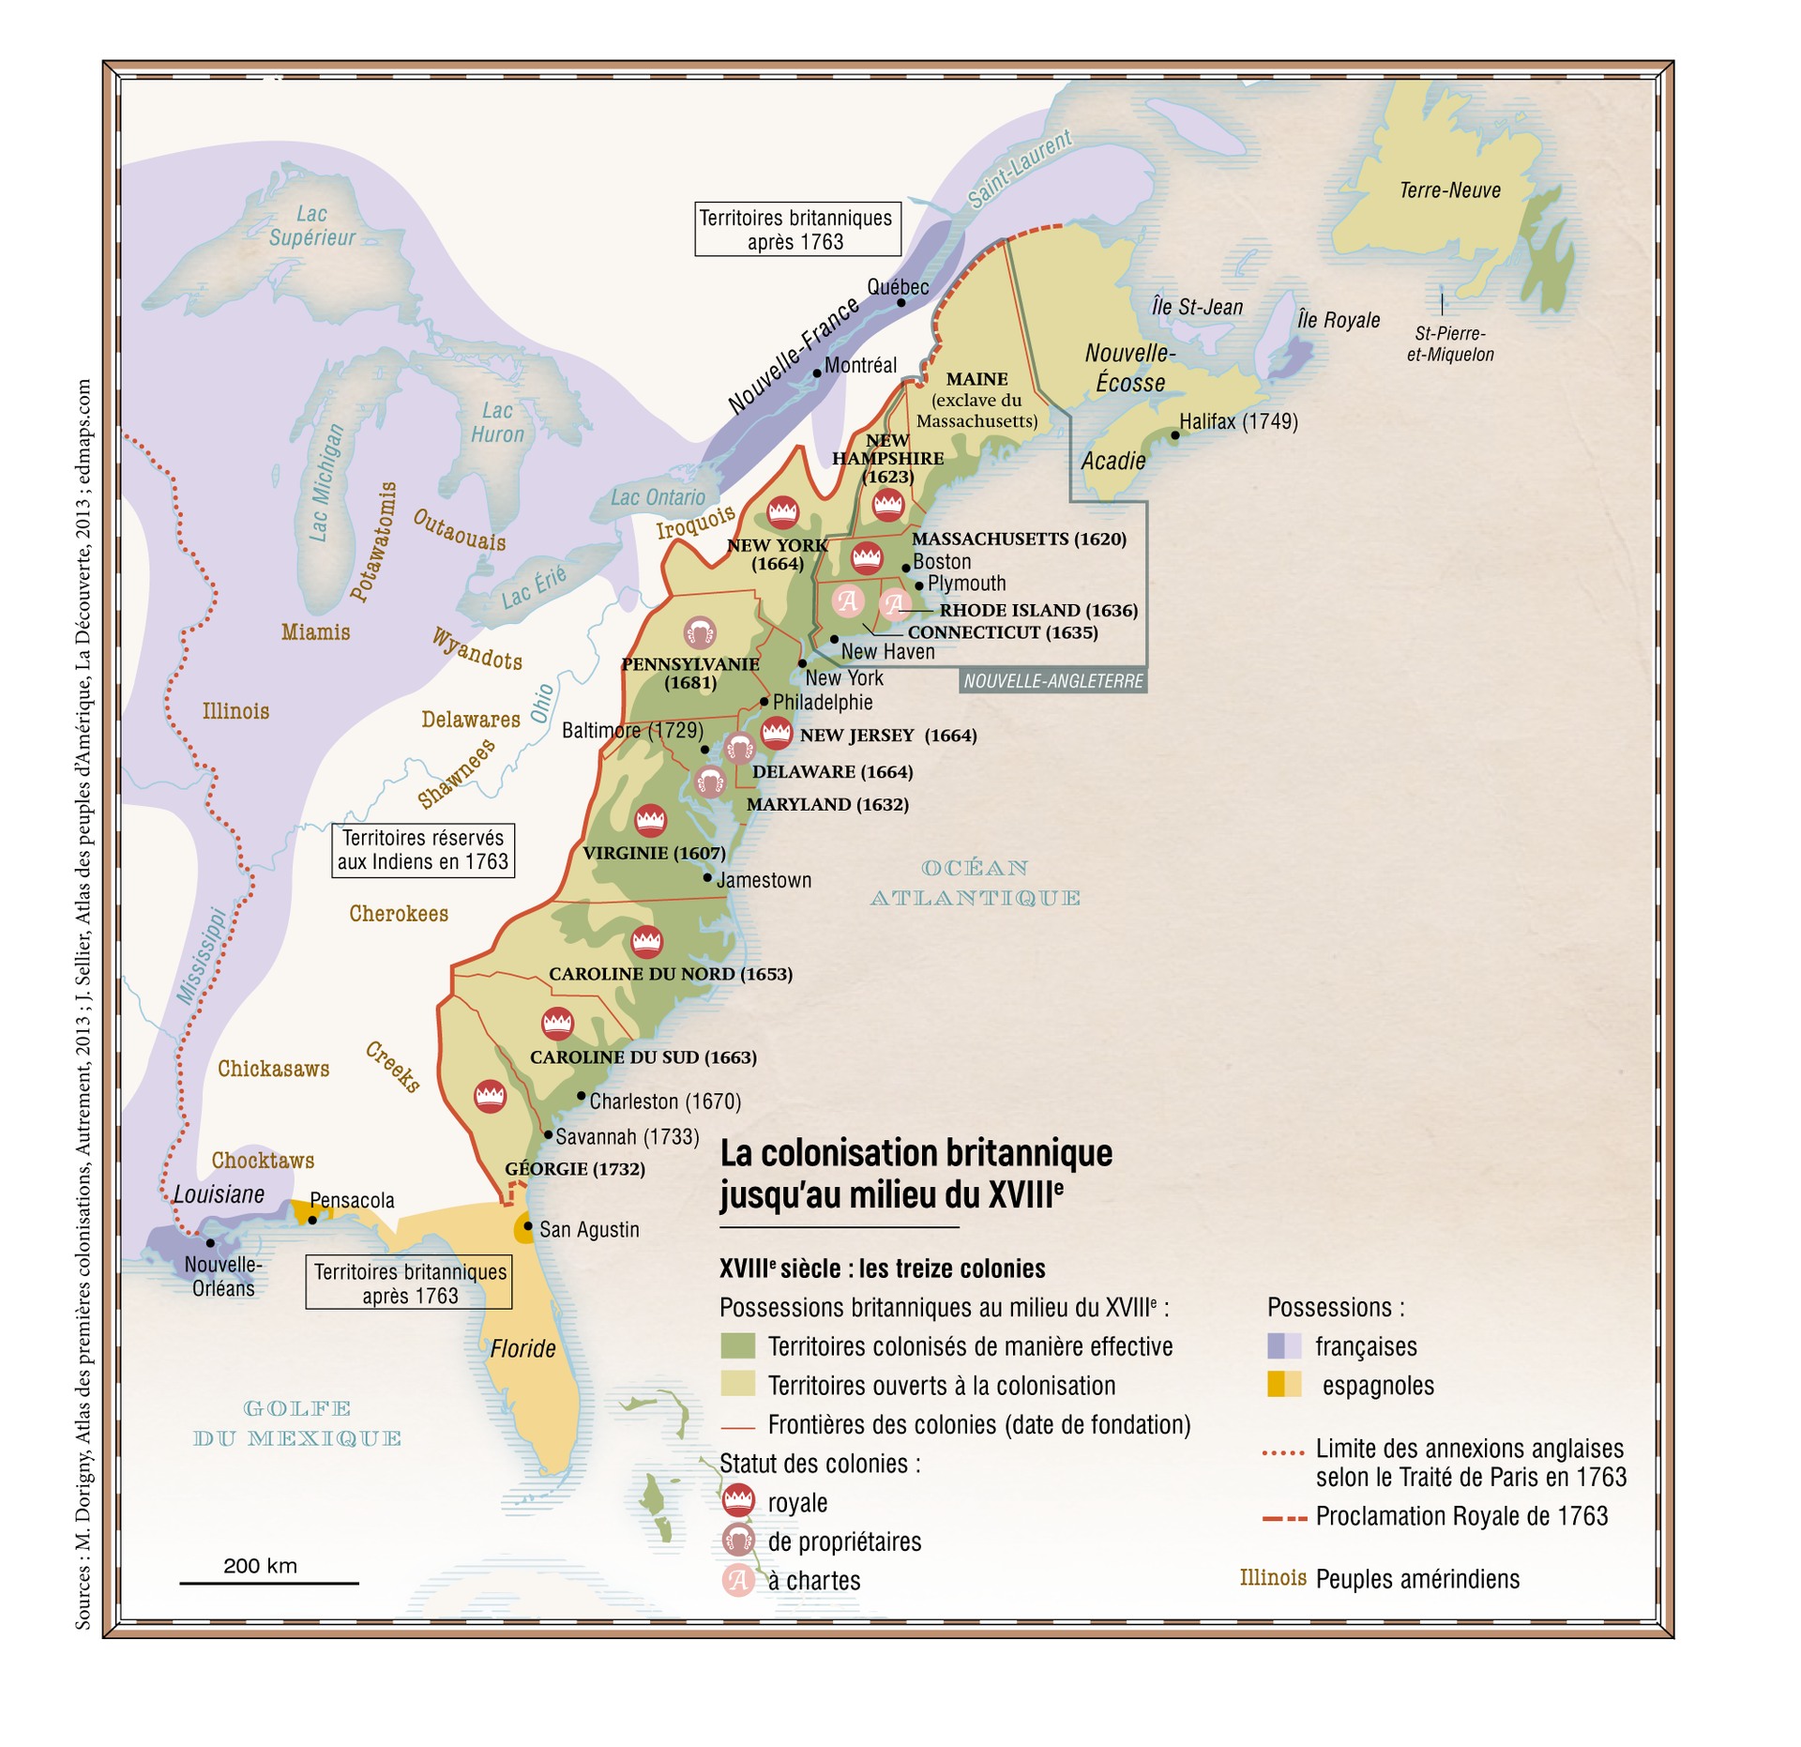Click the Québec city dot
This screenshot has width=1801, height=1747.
(x=900, y=302)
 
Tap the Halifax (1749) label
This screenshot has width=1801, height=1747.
(x=1238, y=422)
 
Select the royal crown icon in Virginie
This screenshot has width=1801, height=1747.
(x=650, y=820)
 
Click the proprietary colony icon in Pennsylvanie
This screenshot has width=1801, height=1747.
(x=700, y=632)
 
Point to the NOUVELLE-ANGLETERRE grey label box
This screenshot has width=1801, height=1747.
(x=1052, y=681)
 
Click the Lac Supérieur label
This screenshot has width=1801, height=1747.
(x=311, y=226)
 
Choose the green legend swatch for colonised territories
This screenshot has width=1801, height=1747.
(x=737, y=1345)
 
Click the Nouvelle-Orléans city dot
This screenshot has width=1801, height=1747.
(x=210, y=1242)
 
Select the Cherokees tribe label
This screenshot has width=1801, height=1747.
(x=399, y=913)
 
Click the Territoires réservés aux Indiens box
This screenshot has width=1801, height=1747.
(x=423, y=850)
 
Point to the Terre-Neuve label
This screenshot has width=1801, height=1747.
(x=1449, y=190)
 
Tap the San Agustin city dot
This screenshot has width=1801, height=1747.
(x=528, y=1225)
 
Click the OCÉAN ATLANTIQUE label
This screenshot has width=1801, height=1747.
(x=976, y=883)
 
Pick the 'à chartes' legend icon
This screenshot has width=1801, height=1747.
(x=737, y=1580)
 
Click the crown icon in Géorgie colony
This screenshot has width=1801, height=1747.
(x=490, y=1095)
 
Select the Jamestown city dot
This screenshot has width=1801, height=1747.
(x=708, y=877)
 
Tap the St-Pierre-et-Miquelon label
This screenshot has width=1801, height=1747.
(x=1449, y=344)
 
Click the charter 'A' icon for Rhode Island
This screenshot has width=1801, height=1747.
(x=894, y=603)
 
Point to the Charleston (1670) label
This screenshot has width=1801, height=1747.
(x=665, y=1101)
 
